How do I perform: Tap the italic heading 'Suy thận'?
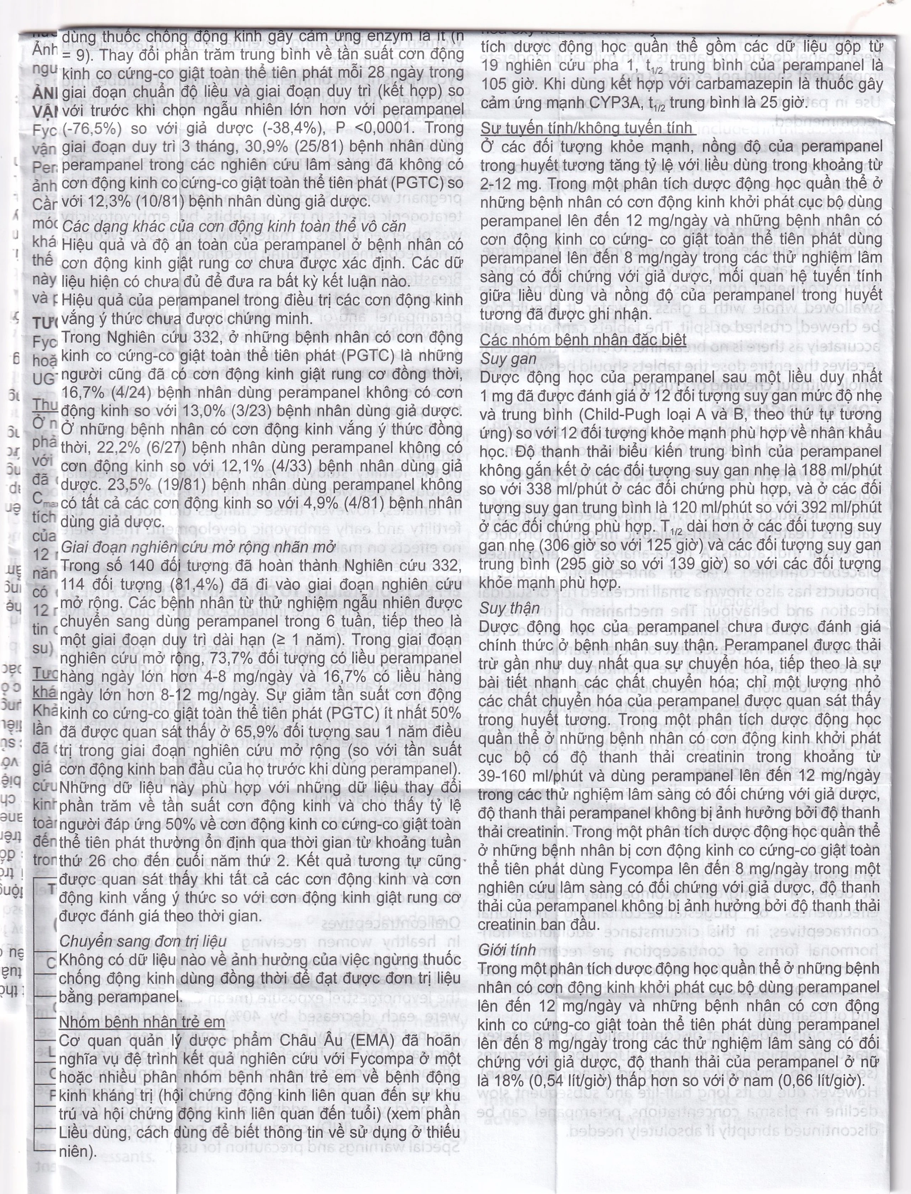pyautogui.click(x=509, y=608)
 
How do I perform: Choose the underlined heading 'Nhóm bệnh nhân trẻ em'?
pyautogui.click(x=142, y=1022)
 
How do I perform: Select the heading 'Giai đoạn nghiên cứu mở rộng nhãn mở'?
pyautogui.click(x=198, y=548)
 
